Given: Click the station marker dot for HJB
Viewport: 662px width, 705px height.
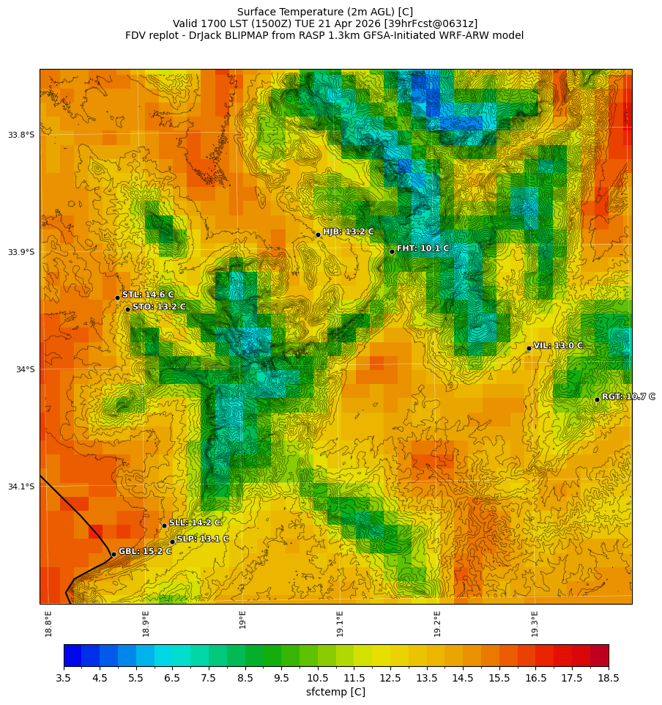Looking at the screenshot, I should [x=318, y=235].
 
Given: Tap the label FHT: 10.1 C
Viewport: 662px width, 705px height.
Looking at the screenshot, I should [x=423, y=248].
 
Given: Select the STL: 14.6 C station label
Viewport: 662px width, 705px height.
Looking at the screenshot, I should [x=148, y=295].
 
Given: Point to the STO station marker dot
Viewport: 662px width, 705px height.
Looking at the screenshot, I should [x=127, y=309].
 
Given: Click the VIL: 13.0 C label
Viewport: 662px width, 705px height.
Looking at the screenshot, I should [x=558, y=345].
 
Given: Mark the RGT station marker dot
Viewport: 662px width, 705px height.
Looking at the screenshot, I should [x=597, y=399].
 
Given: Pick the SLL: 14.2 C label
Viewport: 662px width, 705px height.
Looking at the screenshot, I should [x=195, y=523].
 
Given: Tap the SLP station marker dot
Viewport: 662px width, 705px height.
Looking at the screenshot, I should [x=173, y=542].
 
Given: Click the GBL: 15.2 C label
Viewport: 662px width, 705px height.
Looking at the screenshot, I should [x=145, y=551].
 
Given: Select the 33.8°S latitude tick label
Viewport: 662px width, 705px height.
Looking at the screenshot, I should [x=21, y=135].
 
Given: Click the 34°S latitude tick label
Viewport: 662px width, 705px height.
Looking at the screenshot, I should [x=25, y=369].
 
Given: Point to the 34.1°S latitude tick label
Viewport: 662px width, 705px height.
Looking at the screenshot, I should [x=21, y=487].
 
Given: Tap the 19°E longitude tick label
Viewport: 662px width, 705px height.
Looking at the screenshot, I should [x=243, y=619].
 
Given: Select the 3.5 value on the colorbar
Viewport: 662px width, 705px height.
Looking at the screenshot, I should [x=64, y=679].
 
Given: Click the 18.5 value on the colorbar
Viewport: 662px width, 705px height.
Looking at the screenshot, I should [x=609, y=679].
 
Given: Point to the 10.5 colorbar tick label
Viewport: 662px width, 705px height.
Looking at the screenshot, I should [x=318, y=679].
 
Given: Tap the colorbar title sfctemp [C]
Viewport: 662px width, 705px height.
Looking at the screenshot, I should [x=335, y=692].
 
